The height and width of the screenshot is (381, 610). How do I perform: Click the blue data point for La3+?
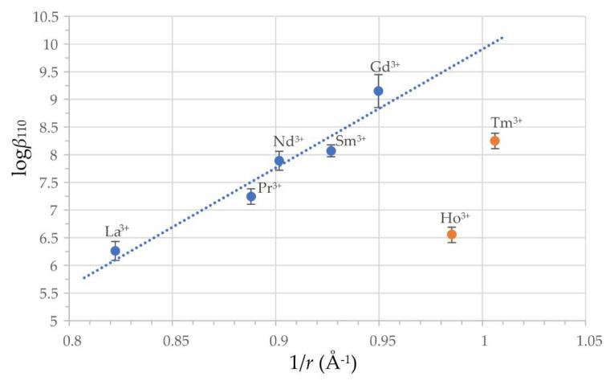[x=116, y=251]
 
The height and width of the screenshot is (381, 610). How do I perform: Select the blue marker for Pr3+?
[x=251, y=196]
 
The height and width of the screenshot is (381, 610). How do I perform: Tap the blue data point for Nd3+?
[x=279, y=161]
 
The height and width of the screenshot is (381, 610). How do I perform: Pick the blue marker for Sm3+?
[x=331, y=150]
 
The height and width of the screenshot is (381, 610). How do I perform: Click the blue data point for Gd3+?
[x=378, y=91]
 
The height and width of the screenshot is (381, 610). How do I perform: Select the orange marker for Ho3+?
[x=452, y=235]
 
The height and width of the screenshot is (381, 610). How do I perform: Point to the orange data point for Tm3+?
[x=495, y=141]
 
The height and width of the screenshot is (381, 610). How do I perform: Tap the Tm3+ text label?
[x=506, y=122]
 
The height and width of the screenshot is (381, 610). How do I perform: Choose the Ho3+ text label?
[x=455, y=218]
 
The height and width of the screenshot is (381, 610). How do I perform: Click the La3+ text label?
[x=117, y=231]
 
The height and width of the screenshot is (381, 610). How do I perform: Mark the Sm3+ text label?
[x=351, y=140]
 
